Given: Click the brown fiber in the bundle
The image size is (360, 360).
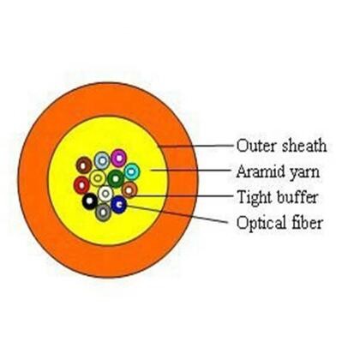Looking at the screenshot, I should (x=84, y=165).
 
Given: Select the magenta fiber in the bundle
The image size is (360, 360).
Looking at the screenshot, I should (x=119, y=158).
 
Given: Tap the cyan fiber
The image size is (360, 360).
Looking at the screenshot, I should (x=131, y=171).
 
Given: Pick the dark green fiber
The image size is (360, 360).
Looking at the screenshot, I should (x=115, y=178).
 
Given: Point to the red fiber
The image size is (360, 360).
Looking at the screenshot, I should (x=81, y=184).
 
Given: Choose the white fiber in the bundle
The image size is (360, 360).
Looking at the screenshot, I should (x=105, y=194).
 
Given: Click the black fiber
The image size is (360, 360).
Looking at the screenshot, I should (x=89, y=202).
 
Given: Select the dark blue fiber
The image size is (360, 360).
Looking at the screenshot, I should (x=119, y=204).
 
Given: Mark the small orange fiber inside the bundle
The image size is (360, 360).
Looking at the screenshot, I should (x=129, y=189).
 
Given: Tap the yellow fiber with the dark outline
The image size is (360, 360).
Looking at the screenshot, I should (x=98, y=178).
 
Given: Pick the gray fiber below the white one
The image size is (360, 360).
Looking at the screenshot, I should (x=104, y=211).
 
